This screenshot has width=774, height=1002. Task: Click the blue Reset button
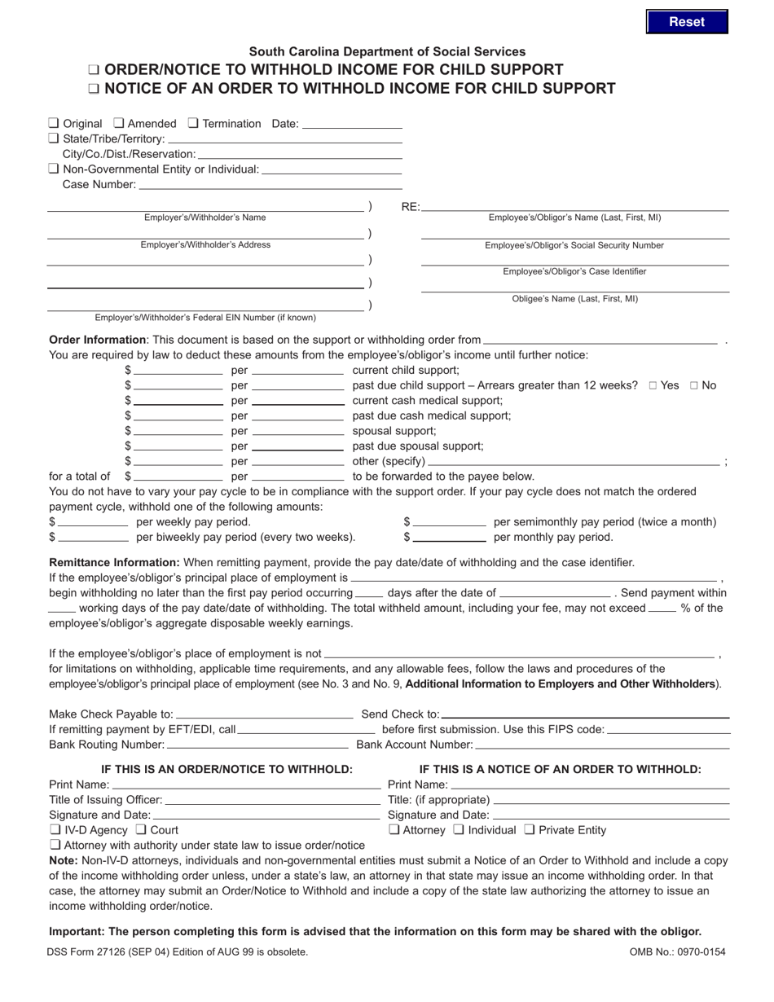(x=686, y=22)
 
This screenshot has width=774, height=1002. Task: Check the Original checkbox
(x=54, y=123)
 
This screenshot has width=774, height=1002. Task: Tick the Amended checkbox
(x=118, y=123)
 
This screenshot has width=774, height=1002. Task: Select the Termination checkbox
(x=193, y=123)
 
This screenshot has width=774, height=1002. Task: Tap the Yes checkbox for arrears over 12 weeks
(x=653, y=385)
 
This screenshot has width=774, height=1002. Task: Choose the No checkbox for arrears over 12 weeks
(x=694, y=385)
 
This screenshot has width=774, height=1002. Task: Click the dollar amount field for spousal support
(x=178, y=431)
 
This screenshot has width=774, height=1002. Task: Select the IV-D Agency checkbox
(x=54, y=830)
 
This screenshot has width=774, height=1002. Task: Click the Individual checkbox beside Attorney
(x=459, y=830)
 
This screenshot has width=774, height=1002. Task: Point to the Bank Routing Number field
(x=257, y=745)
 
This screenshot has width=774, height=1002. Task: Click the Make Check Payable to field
(x=264, y=714)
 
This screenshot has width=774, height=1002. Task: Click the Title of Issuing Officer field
(x=272, y=800)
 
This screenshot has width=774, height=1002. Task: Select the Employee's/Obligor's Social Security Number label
(x=574, y=245)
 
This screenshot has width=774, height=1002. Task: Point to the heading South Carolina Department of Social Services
(x=387, y=51)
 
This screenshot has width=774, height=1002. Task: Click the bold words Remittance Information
(x=114, y=562)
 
